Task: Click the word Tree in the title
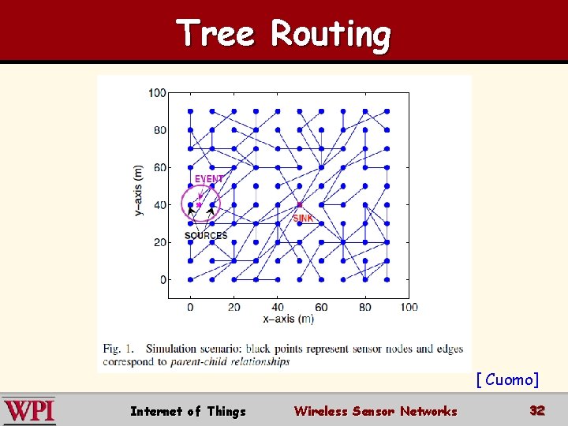tap(216, 34)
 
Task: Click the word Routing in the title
tap(331, 35)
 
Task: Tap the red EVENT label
tap(209, 179)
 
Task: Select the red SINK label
tap(303, 219)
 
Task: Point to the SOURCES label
tap(206, 235)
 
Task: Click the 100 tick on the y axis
tap(157, 93)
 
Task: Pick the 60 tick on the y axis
tap(159, 167)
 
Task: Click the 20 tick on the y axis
tap(159, 242)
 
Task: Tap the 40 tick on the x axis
tap(278, 306)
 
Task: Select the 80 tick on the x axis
tap(365, 306)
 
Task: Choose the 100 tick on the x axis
tap(408, 306)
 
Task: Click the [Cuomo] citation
tap(507, 380)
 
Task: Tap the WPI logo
tap(29, 411)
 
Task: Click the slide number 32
tap(537, 411)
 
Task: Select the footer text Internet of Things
tap(188, 411)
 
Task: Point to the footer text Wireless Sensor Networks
tap(375, 411)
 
